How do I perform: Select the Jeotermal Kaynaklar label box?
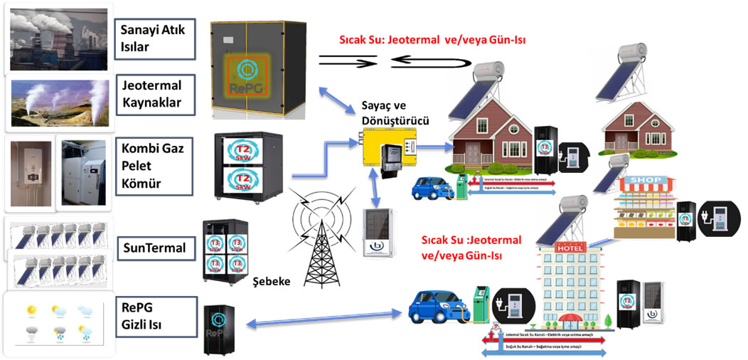(154, 93)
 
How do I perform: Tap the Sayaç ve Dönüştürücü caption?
(395, 110)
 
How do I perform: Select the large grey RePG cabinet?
(257, 68)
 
